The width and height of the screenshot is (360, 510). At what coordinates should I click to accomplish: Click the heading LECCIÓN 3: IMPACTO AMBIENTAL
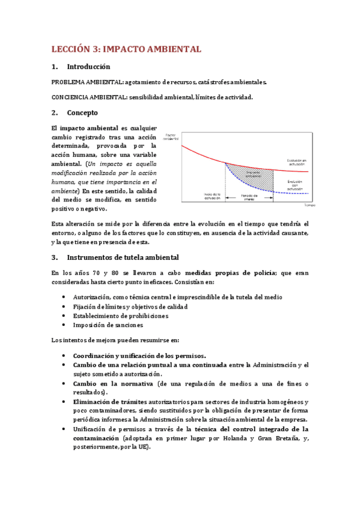click(x=126, y=49)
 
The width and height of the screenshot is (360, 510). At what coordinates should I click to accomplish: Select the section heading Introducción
click(x=88, y=67)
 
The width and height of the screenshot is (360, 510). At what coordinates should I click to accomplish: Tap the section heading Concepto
click(x=82, y=112)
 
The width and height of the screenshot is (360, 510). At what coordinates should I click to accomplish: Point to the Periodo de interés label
click(x=249, y=196)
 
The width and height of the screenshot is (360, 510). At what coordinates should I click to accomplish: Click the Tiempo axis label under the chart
click(x=309, y=205)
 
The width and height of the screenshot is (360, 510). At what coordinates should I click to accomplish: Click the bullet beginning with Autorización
click(x=177, y=297)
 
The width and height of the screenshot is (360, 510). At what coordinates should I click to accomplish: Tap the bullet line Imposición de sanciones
click(x=108, y=325)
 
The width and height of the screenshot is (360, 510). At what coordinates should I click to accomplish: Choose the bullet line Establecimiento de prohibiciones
click(x=121, y=316)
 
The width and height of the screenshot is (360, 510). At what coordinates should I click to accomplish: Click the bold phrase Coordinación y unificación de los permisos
click(x=139, y=355)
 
